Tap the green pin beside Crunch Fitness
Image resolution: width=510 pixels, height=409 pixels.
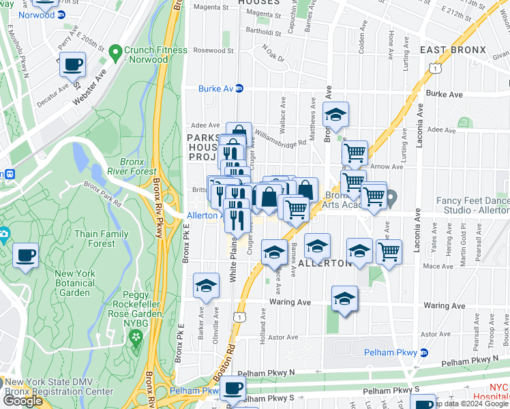115,50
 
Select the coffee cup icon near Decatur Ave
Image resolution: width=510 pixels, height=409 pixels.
72,65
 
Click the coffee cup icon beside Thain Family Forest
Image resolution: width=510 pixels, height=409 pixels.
26,256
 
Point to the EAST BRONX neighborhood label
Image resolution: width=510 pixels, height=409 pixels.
453,50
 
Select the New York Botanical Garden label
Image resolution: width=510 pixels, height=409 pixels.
63,283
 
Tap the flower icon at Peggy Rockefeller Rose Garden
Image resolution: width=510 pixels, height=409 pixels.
136,336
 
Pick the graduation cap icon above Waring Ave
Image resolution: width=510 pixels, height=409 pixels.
345,299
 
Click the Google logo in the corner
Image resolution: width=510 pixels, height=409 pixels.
23,401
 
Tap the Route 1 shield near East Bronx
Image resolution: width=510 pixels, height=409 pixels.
434,67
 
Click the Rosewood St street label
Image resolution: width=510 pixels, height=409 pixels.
213,50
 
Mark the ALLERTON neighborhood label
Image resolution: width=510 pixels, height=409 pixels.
325,263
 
